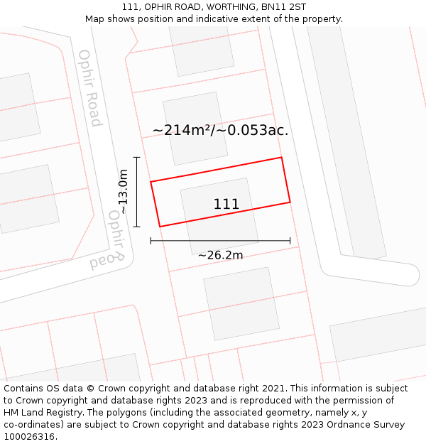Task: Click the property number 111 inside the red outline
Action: click(226, 205)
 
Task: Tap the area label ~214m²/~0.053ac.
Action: click(220, 130)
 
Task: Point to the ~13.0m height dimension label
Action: click(123, 191)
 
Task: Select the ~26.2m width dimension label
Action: click(220, 255)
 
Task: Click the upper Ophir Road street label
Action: click(90, 88)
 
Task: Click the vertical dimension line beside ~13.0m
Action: click(136, 192)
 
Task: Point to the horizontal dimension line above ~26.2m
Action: click(220, 241)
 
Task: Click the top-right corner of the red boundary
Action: click(282, 158)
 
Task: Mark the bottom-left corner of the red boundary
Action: click(160, 227)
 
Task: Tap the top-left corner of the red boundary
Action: click(151, 182)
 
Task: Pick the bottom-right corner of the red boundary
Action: click(290, 202)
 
